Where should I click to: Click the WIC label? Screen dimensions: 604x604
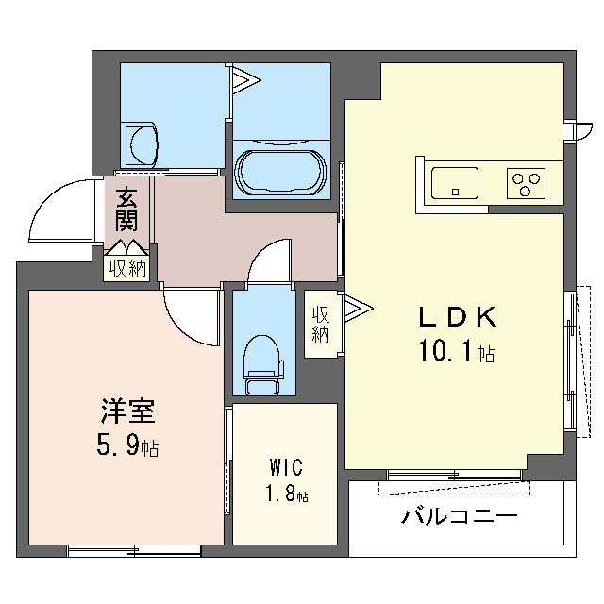[284, 466]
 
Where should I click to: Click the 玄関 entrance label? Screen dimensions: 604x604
[127, 210]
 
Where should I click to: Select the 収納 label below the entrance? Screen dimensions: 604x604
[127, 268]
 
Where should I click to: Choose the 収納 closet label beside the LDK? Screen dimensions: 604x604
[321, 324]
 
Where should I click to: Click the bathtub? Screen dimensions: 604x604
[280, 171]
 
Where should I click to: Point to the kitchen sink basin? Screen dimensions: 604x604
[454, 179]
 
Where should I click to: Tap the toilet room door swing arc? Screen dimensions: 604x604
[270, 257]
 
